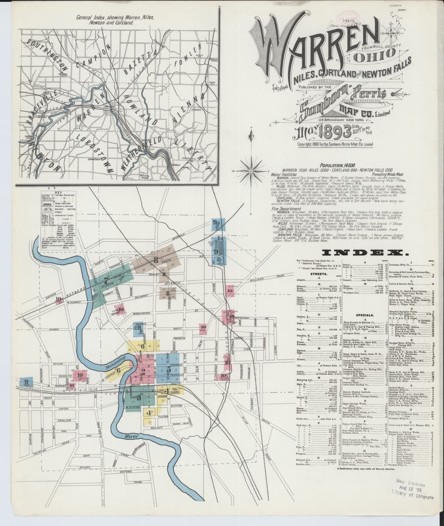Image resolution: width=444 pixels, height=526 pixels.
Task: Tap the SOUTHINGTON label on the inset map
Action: tap(46, 57)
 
